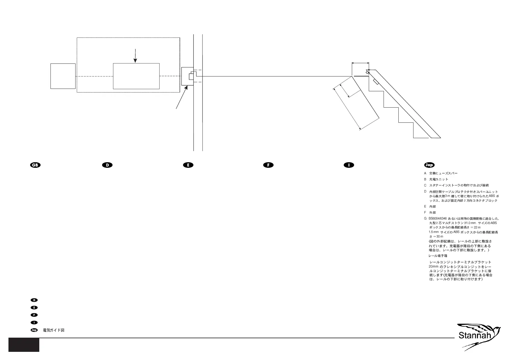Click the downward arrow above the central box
pos(135,56)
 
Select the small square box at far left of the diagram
pos(63,76)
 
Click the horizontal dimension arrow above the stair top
pos(360,63)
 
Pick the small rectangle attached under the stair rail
pos(376,82)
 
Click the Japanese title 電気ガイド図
pos(54,330)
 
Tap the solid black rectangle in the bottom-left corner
pos(24,345)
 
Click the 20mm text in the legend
pos(433,267)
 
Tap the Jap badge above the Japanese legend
pos(429,165)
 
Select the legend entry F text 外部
pos(433,212)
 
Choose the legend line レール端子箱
pos(438,256)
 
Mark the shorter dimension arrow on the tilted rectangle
pos(345,91)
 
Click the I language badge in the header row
pos(349,165)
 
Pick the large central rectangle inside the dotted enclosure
pos(136,76)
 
